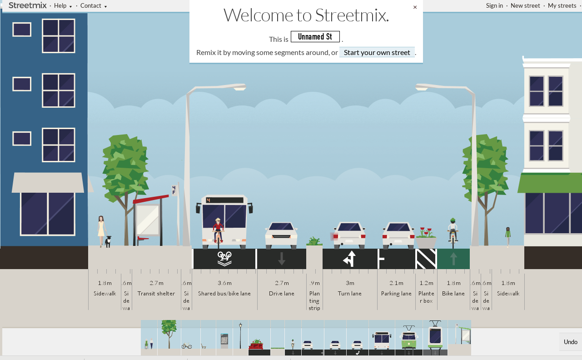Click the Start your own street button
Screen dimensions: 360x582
377,52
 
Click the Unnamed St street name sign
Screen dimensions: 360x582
315,37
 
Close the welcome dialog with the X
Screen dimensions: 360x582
415,7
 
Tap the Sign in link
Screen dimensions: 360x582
494,5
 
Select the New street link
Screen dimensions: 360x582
525,5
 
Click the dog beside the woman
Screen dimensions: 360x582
108,241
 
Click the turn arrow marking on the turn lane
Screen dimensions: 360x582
349,259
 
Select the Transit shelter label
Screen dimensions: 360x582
156,294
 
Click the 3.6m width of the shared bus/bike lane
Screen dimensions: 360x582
224,283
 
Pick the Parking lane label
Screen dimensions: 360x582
396,294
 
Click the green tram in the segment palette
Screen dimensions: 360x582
408,339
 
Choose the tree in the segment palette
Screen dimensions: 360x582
169,334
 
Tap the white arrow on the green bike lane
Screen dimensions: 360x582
453,259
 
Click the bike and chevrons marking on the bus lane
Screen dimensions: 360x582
224,259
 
